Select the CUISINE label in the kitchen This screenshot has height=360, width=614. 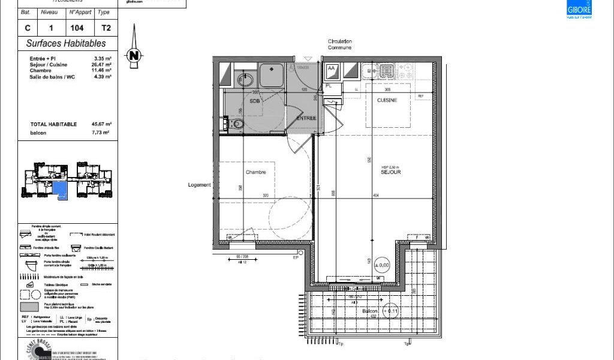point(387,100)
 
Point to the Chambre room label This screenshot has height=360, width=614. point(255,172)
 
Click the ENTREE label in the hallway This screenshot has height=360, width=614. point(306,118)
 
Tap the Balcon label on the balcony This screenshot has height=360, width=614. point(370,312)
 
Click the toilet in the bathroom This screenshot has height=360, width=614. point(237,124)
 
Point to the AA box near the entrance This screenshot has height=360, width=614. point(331,69)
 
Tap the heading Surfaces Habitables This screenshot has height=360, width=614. point(66,43)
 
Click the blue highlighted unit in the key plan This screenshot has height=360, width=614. point(60,190)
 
